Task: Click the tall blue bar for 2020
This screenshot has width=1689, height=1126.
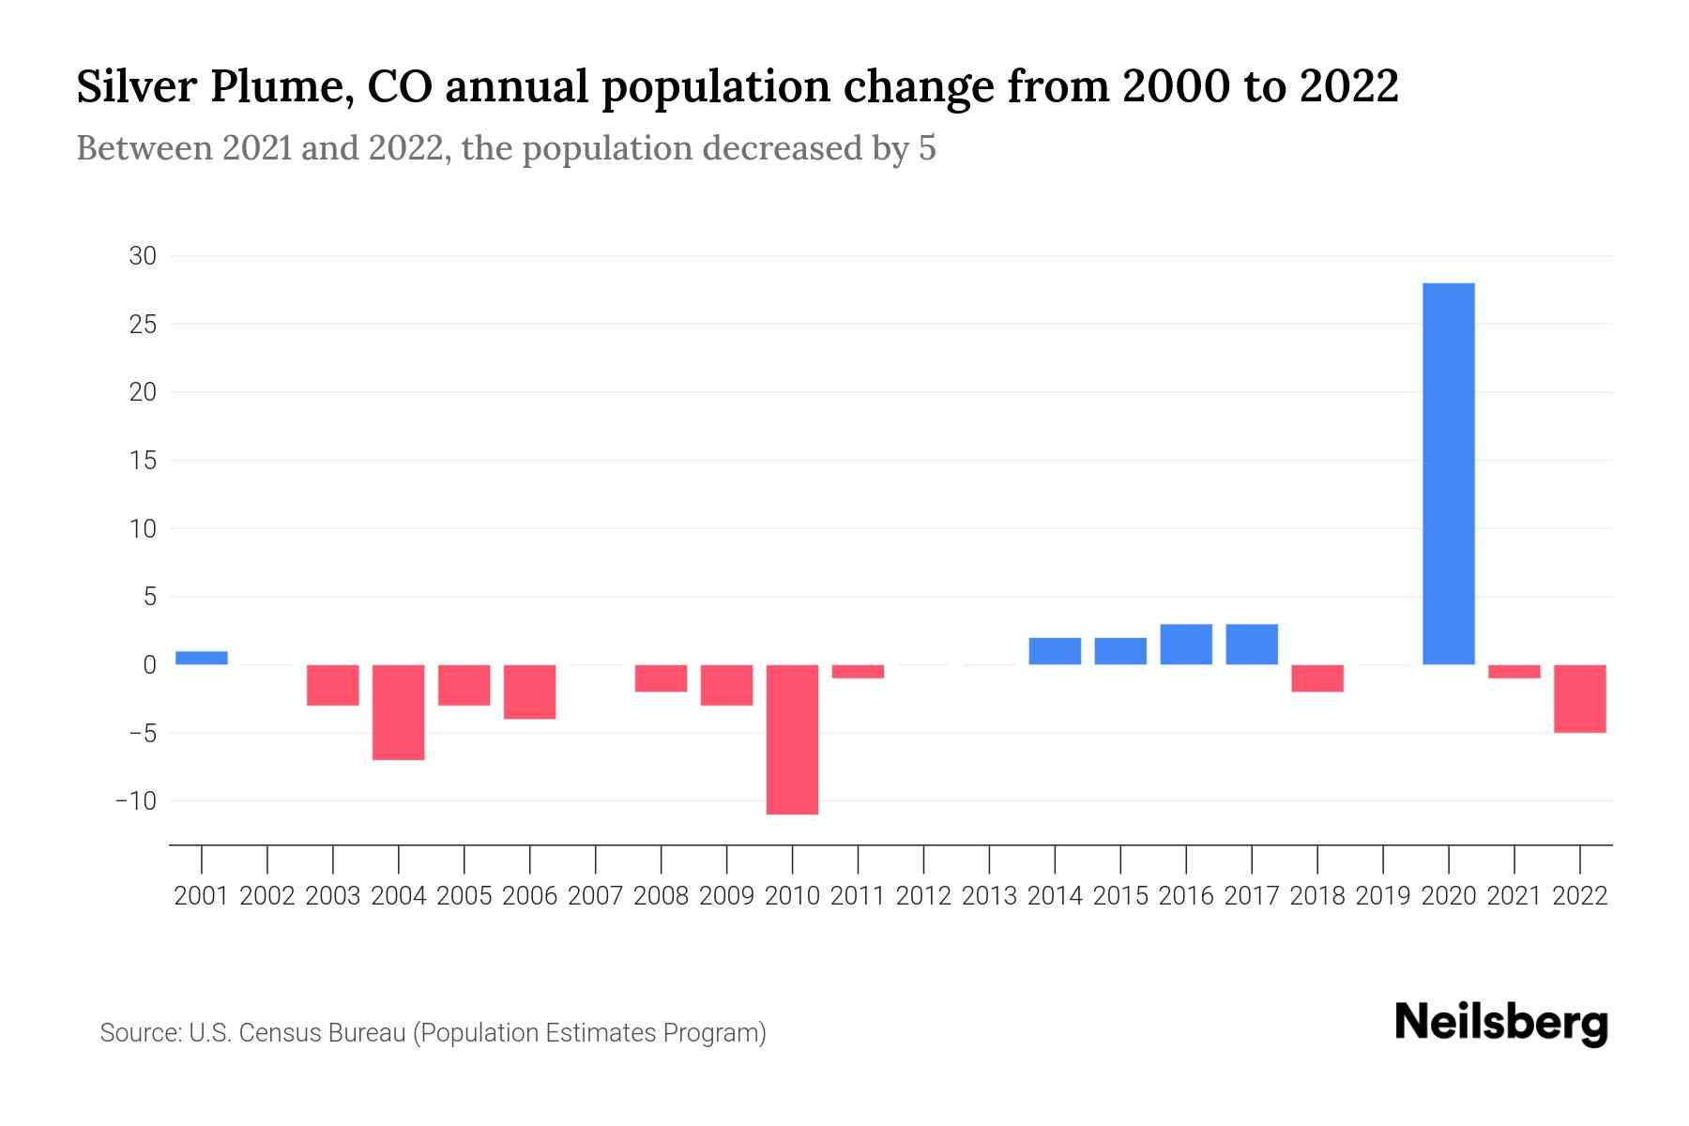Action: tap(1449, 474)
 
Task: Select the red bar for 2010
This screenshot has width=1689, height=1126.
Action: tap(792, 739)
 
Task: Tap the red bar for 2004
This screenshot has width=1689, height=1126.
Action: tap(399, 712)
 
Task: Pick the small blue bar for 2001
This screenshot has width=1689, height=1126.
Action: tap(202, 658)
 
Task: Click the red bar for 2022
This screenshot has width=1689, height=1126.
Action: tap(1580, 698)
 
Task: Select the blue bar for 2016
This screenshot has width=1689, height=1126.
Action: tap(1186, 645)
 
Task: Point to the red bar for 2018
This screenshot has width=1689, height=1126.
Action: tap(1317, 678)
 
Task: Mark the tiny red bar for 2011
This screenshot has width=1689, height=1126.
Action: tap(858, 671)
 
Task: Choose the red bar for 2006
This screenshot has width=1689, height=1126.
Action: tap(530, 692)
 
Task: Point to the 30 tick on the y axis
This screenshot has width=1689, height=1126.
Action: tap(143, 256)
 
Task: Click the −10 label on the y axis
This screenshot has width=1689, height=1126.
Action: tap(135, 801)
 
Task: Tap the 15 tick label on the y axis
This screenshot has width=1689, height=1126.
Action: tap(143, 461)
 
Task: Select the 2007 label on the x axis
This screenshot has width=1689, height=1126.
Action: tap(596, 896)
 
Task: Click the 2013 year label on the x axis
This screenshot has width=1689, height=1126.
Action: tap(989, 896)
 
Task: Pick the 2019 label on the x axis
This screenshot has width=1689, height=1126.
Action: tap(1383, 896)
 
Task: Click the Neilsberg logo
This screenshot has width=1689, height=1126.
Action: tap(1501, 1023)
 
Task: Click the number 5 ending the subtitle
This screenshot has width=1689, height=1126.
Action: tap(927, 149)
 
